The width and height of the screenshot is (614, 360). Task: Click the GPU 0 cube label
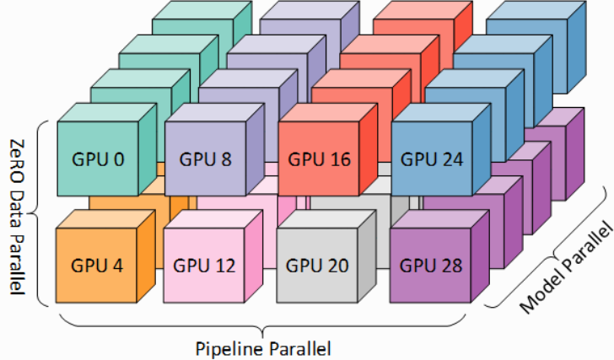98,159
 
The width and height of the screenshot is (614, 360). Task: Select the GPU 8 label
205,159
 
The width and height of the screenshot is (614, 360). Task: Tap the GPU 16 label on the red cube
319,159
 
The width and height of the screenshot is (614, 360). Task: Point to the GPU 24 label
432,159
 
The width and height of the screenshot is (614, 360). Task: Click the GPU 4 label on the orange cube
97,266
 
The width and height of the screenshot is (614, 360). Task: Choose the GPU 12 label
204,266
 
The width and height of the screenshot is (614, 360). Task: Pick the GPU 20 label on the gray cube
317,266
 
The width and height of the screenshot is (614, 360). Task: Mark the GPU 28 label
431,266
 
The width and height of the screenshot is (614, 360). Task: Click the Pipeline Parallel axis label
263,348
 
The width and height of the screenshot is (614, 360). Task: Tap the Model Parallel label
565,267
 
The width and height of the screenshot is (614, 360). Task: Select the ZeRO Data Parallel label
17,217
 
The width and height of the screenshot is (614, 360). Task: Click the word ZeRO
17,161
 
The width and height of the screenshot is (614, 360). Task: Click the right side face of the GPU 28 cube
480,256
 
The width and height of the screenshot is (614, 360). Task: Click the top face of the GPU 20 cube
326,219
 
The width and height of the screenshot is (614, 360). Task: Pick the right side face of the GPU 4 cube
146,256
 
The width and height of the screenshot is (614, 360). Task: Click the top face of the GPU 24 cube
441,113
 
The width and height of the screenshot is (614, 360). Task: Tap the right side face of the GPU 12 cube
254,256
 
